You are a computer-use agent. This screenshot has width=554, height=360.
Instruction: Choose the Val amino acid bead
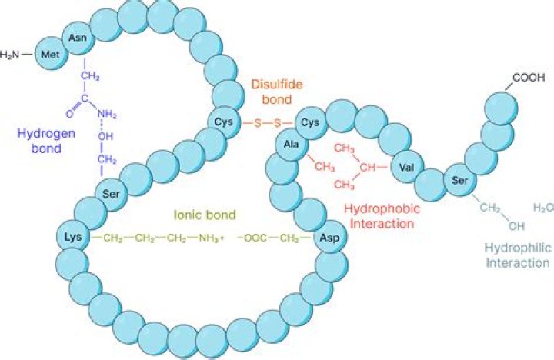(x=406, y=167)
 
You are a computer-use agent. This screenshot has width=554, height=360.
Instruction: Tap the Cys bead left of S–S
(x=223, y=122)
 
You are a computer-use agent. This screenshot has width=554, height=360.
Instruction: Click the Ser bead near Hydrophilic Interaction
(x=460, y=182)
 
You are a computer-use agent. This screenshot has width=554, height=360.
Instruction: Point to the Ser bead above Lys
(x=110, y=192)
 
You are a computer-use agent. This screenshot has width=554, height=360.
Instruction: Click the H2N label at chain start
(x=11, y=55)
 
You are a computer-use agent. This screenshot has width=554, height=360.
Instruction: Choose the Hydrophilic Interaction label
(x=518, y=255)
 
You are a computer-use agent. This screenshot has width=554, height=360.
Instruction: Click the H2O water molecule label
(x=542, y=208)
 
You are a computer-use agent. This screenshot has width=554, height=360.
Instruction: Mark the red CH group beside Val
(x=369, y=166)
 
